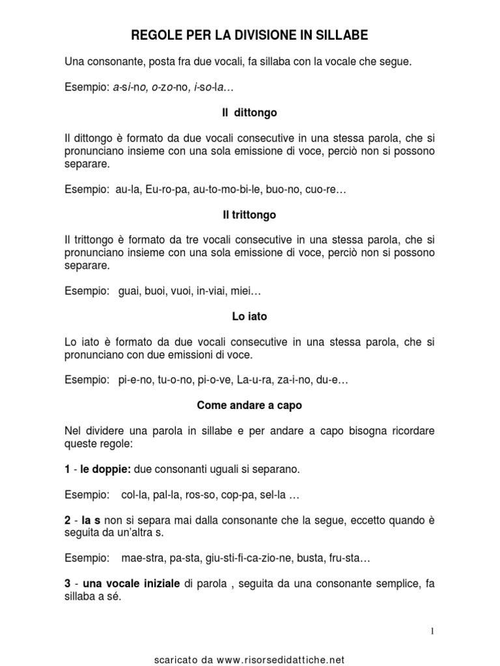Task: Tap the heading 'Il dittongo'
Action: (249, 113)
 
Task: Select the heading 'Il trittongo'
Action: (249, 214)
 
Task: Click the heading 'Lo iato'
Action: (249, 317)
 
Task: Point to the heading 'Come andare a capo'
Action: (249, 405)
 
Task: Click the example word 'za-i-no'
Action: (281, 380)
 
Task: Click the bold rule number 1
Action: (68, 468)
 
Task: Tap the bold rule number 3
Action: (68, 583)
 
